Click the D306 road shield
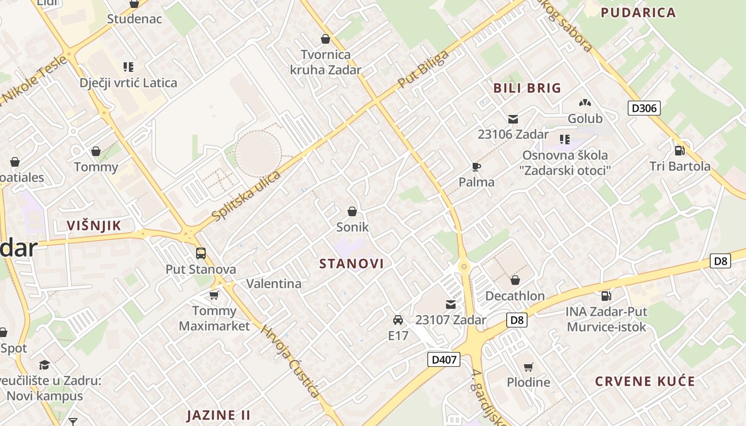coord(644,109)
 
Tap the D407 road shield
coord(444,359)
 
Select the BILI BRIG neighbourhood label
coord(527,88)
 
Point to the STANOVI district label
coord(352,264)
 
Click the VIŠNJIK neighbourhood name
coord(94,226)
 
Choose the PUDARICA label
coord(638,13)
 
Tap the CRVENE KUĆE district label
coord(645,381)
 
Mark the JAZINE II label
coord(218,415)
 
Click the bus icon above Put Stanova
coord(201,253)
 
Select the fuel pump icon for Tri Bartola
coord(679,151)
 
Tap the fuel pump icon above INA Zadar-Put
coord(606,296)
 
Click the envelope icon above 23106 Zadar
coord(513,119)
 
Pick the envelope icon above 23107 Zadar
coord(451,305)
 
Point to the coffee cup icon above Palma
coord(476,167)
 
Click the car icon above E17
coord(398,320)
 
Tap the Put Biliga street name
coord(424,70)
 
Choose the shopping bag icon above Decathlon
coord(515,280)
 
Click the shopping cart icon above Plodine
coord(528,367)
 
